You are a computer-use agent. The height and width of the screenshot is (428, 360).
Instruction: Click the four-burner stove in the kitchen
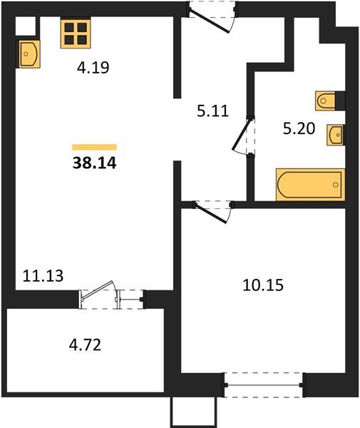(76, 31)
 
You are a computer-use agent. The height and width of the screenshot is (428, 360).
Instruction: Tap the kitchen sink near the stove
(29, 53)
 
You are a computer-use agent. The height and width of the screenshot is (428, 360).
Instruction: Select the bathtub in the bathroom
(310, 185)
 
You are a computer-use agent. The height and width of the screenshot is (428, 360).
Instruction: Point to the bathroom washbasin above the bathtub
(334, 134)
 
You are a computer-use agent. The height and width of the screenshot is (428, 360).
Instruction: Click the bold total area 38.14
(94, 163)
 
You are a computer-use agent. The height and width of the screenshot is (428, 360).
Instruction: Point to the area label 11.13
(44, 275)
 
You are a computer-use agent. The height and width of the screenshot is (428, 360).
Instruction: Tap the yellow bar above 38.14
(94, 146)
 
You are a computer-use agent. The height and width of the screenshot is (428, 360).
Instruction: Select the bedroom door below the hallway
(212, 210)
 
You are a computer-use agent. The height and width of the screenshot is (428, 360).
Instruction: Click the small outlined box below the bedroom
(192, 412)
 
